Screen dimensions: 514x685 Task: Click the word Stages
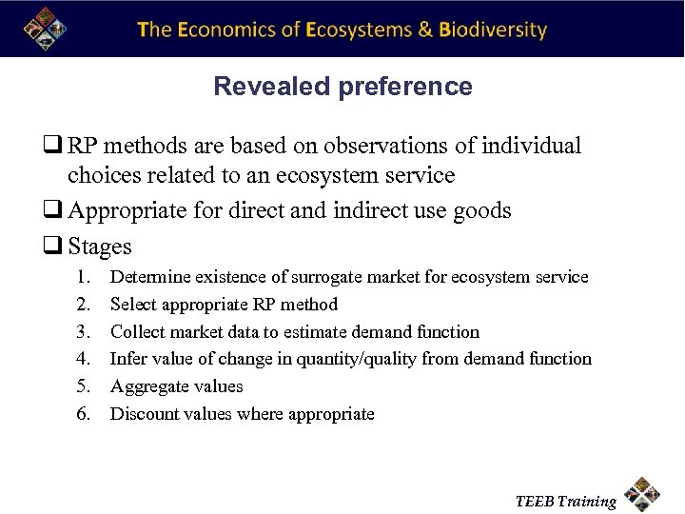tap(100, 247)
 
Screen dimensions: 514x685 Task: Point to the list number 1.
tap(84, 277)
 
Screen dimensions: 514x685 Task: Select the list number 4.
tap(84, 359)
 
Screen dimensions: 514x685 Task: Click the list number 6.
tap(84, 414)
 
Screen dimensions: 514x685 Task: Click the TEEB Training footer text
tap(565, 502)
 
